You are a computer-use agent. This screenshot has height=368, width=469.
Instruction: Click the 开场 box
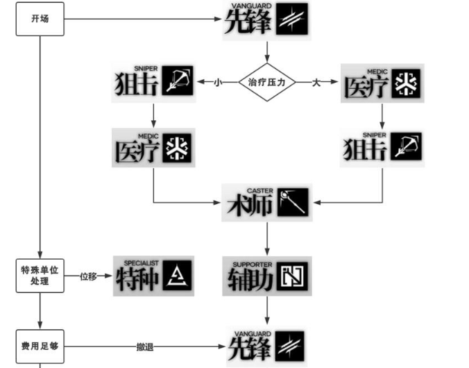(40, 19)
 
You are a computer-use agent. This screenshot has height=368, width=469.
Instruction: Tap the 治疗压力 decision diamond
(267, 82)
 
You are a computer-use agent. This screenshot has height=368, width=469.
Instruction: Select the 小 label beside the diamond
(217, 82)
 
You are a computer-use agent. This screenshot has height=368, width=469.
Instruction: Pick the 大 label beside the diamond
(316, 82)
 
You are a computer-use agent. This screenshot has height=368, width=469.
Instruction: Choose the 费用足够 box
(40, 345)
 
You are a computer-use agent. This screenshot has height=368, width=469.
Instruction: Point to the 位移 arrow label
(88, 276)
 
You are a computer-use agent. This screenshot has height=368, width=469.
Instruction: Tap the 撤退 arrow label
(145, 345)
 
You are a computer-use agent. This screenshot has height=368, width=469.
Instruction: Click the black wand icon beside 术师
(291, 201)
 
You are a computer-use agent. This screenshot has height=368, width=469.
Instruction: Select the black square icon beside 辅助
(291, 276)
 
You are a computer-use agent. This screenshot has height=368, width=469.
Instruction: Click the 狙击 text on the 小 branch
(136, 84)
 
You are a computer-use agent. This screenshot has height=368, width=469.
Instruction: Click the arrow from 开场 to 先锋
(139, 19)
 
